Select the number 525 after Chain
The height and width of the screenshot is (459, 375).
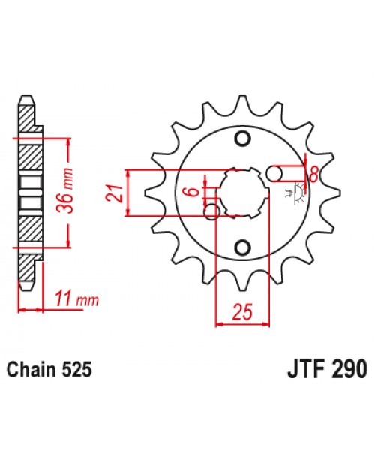coord(79,370)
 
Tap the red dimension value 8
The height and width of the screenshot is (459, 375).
coord(313,173)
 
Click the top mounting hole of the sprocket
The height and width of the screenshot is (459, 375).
coord(241,138)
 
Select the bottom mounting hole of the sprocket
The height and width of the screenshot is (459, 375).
coord(241,247)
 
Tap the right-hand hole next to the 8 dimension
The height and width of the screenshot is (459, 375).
coord(277,173)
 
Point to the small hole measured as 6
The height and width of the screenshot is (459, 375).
coord(214,212)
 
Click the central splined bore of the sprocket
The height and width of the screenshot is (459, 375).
coord(241,193)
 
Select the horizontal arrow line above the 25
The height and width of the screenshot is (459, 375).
coord(241,325)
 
